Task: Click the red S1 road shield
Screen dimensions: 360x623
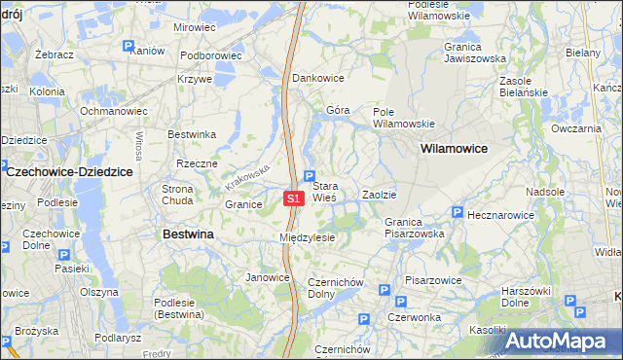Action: [x=295, y=198]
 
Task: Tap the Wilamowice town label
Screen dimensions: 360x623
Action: [x=454, y=149]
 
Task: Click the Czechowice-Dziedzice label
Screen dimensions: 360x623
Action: [x=70, y=171]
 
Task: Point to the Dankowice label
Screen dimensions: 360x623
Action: [x=318, y=77]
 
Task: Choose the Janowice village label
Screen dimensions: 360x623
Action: [x=268, y=277]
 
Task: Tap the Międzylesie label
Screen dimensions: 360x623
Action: [x=307, y=237]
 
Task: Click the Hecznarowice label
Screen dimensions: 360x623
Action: [x=501, y=213]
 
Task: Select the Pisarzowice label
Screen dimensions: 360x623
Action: [x=433, y=280]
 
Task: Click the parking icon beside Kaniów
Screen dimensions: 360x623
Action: [x=128, y=45]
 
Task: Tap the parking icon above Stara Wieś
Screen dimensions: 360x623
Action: [x=310, y=176]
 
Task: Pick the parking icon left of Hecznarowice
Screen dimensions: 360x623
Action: [x=457, y=212]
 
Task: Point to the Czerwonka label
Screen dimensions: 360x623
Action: [x=413, y=317]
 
